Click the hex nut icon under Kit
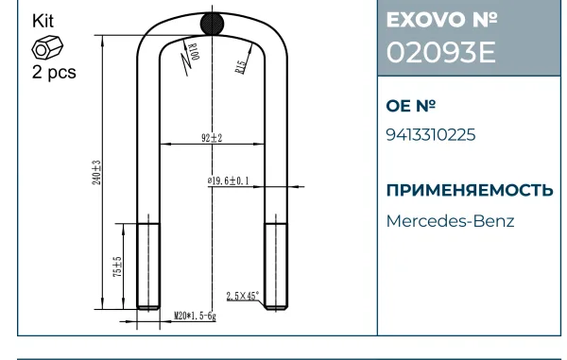[x=47, y=47]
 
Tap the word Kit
[x=43, y=21]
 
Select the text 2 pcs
[x=54, y=72]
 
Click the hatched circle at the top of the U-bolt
[x=212, y=24]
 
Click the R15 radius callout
[x=241, y=67]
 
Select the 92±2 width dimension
[x=212, y=138]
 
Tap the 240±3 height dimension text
[x=96, y=172]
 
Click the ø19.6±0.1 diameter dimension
[x=228, y=180]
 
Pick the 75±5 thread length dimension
[x=118, y=266]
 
